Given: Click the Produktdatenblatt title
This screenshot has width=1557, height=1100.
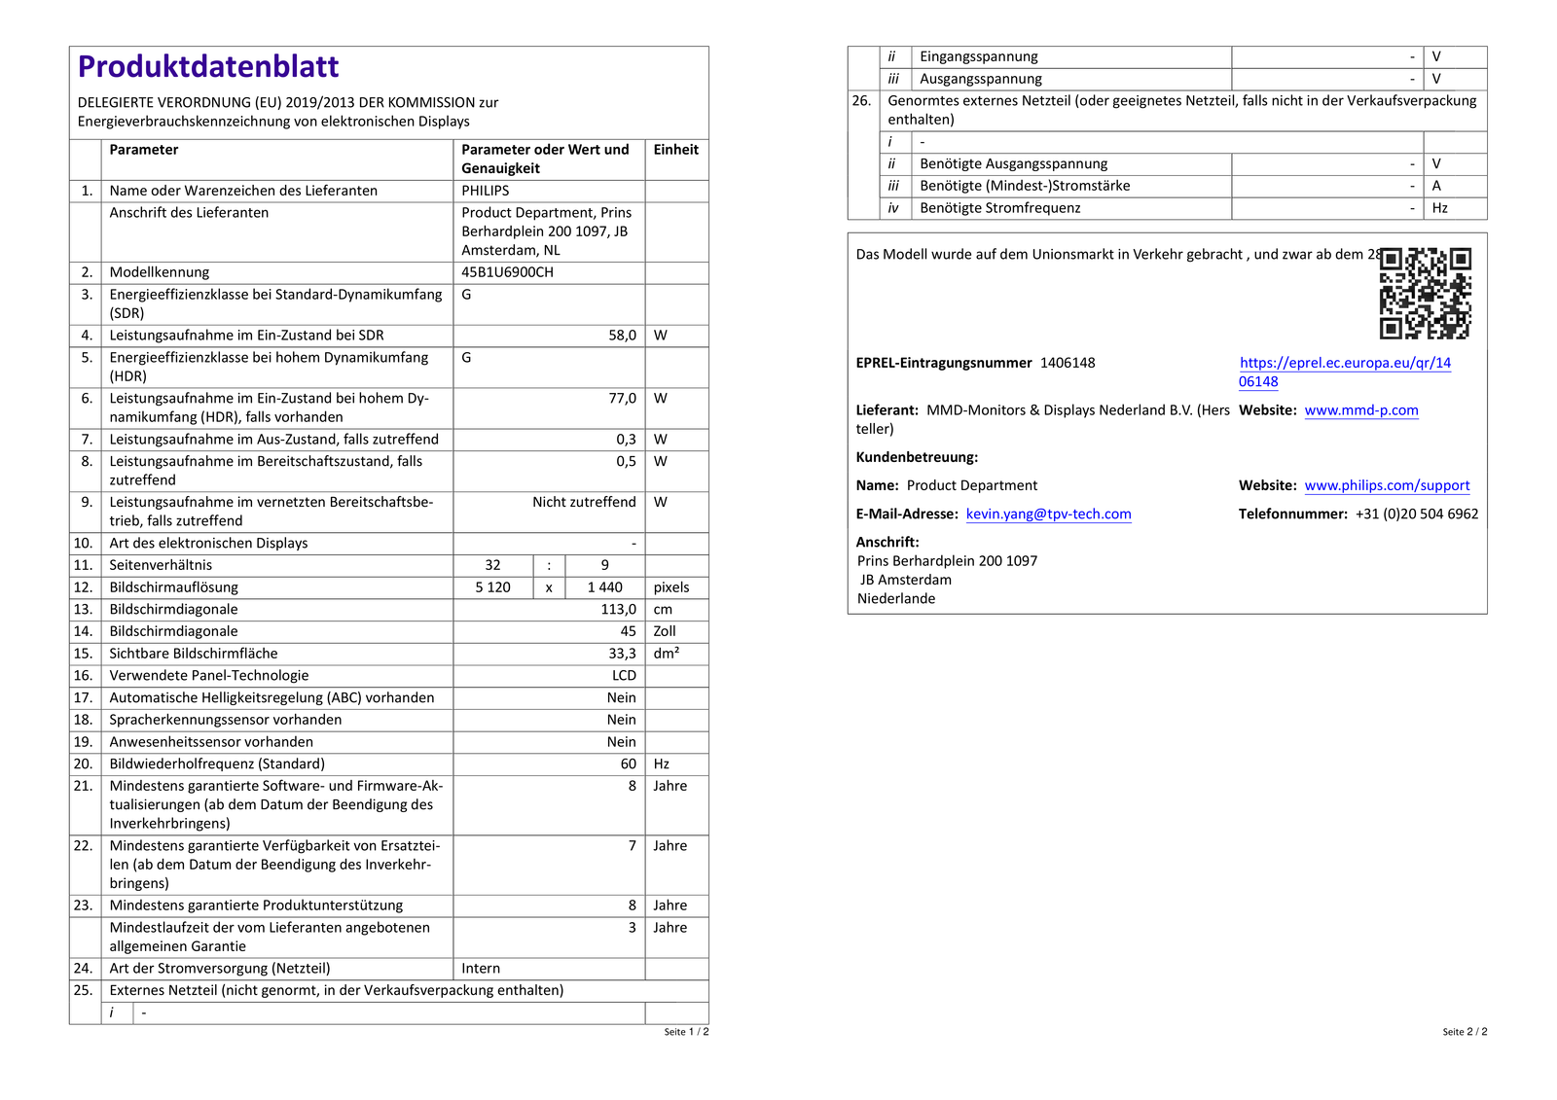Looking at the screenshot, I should click(208, 66).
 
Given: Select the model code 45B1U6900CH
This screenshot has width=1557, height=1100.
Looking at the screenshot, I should click(507, 272).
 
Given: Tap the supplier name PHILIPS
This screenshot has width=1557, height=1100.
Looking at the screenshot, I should click(485, 191).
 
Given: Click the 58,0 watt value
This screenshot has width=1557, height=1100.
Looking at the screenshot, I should click(622, 336).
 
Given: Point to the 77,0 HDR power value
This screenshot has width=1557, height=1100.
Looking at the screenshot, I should click(622, 399).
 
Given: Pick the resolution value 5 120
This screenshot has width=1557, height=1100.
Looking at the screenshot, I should click(492, 587).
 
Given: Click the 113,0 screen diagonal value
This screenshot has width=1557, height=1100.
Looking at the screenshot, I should click(618, 610).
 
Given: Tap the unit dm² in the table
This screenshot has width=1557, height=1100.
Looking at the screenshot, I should click(666, 654).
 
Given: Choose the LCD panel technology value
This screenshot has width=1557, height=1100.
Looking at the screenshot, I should click(624, 676).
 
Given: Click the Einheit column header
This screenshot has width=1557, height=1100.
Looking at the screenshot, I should click(675, 150).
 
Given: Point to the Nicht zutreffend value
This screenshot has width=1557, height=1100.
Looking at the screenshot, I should click(584, 503).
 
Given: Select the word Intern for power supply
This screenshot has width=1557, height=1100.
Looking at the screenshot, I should click(481, 969).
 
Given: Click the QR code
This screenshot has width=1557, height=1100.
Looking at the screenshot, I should click(1425, 293).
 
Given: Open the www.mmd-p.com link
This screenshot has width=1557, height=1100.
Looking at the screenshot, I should click(1360, 410).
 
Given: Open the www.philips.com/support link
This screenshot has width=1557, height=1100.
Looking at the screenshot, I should click(1387, 485).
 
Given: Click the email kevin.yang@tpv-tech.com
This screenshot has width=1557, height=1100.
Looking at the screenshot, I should click(1048, 515).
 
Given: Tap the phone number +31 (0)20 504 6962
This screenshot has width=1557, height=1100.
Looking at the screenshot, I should click(1416, 515).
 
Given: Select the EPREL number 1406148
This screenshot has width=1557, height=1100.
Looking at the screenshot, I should click(1068, 363).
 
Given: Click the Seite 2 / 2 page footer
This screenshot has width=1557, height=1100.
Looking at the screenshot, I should click(1464, 1032).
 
